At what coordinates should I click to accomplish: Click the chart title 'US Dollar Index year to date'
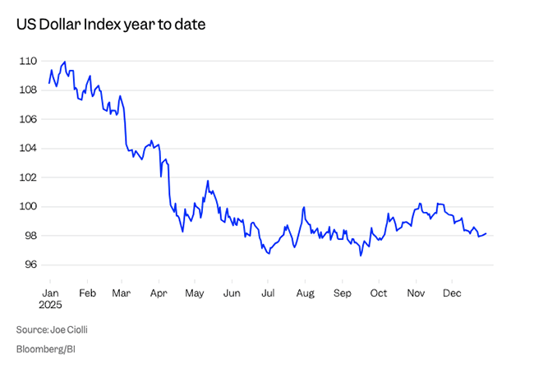pos(110,25)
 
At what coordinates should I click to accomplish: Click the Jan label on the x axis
pos(49,292)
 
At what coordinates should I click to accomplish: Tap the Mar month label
pos(121,292)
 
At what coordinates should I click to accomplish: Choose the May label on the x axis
pos(195,292)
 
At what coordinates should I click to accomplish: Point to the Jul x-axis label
pos(268,292)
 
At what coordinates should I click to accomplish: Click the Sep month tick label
pos(343,292)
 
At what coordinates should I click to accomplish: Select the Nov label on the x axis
pos(416,292)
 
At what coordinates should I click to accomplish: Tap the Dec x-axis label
pos(452,292)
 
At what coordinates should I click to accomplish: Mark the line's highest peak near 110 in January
pos(65,62)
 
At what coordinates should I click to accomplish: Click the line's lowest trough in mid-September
pos(360,255)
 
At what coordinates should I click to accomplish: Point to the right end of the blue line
pos(486,234)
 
